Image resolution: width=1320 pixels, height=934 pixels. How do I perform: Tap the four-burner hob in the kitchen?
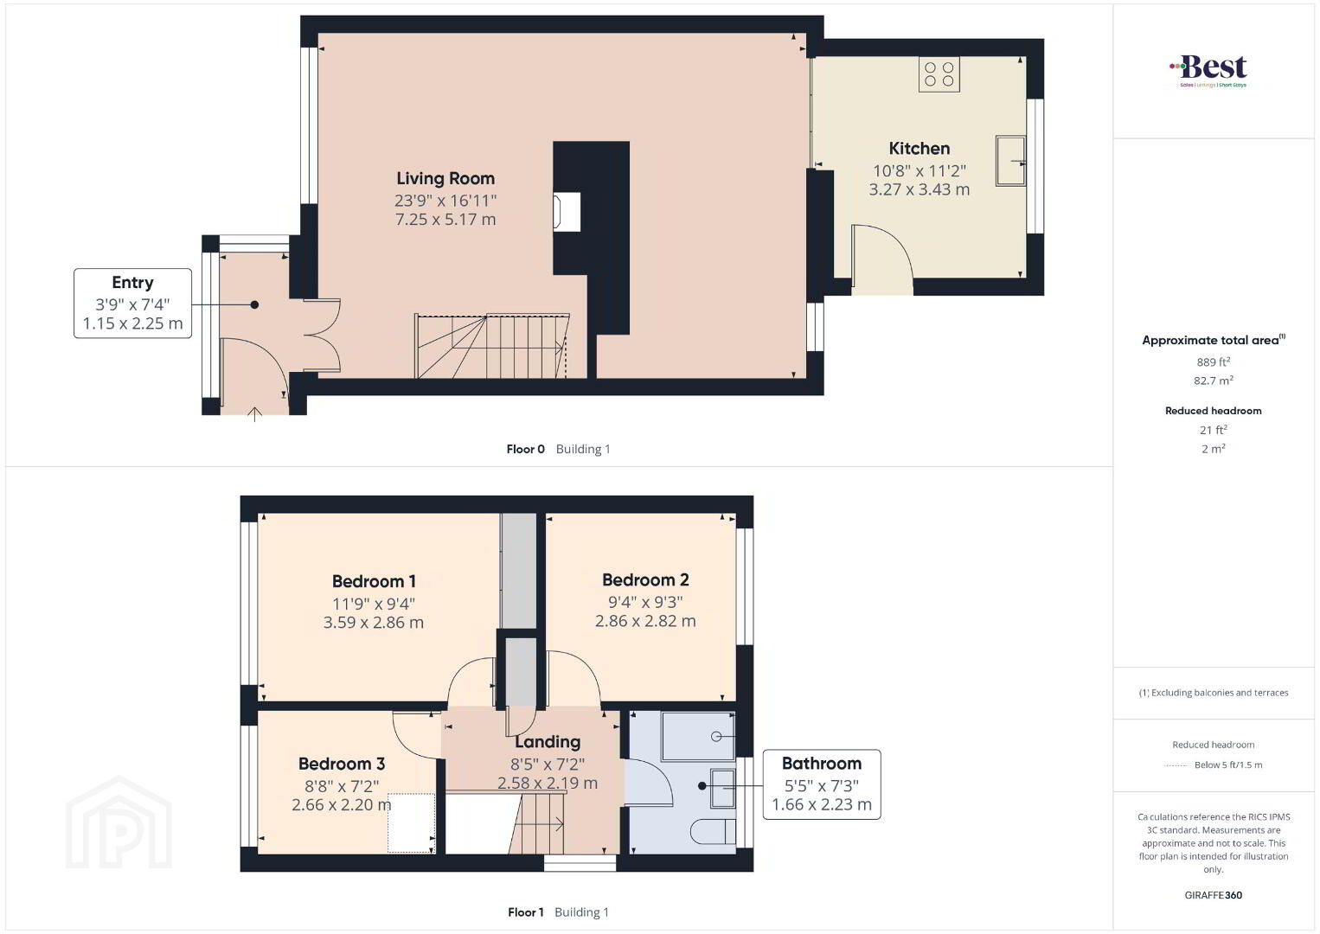tap(939, 74)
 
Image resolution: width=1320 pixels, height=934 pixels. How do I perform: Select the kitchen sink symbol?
tap(1010, 161)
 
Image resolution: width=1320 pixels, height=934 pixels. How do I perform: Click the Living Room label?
tap(445, 178)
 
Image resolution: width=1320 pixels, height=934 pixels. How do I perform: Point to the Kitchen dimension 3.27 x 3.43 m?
tap(919, 189)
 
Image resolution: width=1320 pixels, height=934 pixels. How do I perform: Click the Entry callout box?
tap(132, 303)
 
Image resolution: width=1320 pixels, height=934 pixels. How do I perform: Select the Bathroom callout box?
tap(822, 784)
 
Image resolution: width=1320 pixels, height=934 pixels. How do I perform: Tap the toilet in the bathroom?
tap(713, 831)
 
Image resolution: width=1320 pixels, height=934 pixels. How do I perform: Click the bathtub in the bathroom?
tap(698, 737)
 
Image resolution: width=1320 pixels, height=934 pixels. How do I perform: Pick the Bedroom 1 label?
tap(374, 581)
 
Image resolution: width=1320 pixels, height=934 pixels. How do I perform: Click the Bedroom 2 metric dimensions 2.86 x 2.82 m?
tap(645, 621)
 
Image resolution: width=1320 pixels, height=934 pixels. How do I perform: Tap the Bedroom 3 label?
tap(341, 764)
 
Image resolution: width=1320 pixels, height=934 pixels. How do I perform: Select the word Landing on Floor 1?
tap(548, 741)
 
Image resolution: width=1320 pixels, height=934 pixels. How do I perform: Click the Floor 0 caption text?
tap(525, 449)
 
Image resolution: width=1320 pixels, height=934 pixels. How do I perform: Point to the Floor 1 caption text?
tap(526, 912)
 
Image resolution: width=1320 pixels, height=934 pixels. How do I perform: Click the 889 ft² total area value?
tap(1213, 361)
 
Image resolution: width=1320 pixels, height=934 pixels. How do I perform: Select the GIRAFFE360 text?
tap(1213, 895)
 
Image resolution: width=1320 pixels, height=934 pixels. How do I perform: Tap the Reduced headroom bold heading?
tap(1213, 411)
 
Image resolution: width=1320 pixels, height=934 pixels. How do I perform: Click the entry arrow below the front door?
tap(254, 414)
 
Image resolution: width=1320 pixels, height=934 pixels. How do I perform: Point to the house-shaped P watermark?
tap(119, 822)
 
